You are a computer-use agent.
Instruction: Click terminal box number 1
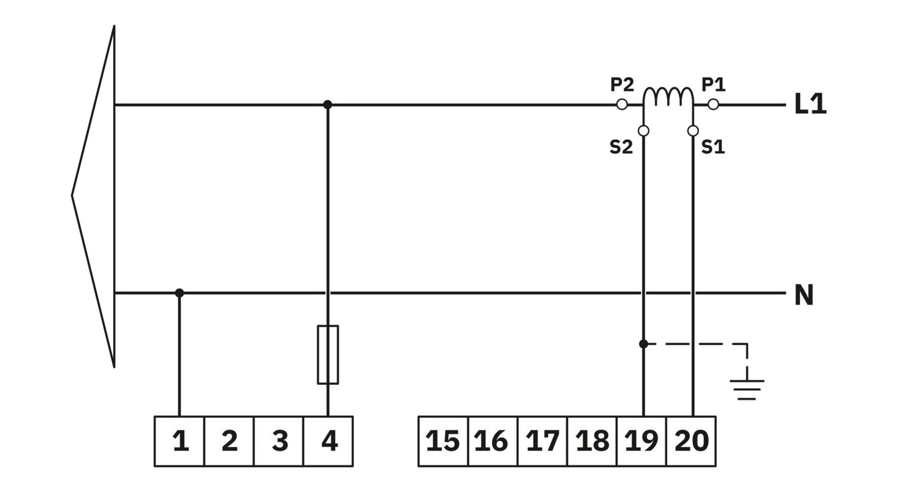pos(179,441)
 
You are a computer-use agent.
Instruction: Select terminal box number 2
pos(229,441)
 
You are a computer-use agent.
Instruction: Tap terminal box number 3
pos(279,441)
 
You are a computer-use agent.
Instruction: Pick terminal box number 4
pos(328,441)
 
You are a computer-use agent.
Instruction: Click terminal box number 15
pos(443,441)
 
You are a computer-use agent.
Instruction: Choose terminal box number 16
pos(493,441)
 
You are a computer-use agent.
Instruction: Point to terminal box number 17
pos(543,441)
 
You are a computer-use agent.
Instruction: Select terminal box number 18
pos(592,441)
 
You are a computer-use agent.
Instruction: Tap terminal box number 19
pos(641,441)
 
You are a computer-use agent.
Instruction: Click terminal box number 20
pos(691,441)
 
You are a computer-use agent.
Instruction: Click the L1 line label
pos(810,104)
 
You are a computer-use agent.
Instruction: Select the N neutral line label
pos(804,295)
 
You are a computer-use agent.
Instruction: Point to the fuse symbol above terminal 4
pos(328,355)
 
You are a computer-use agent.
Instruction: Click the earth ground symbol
pos(747,389)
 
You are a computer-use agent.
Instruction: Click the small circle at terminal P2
pos(622,104)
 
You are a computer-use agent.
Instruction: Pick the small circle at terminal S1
pos(693,131)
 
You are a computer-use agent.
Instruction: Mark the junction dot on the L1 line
pos(327,104)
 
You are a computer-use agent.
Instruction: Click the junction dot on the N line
pos(179,293)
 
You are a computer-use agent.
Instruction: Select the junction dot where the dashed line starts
pos(643,344)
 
